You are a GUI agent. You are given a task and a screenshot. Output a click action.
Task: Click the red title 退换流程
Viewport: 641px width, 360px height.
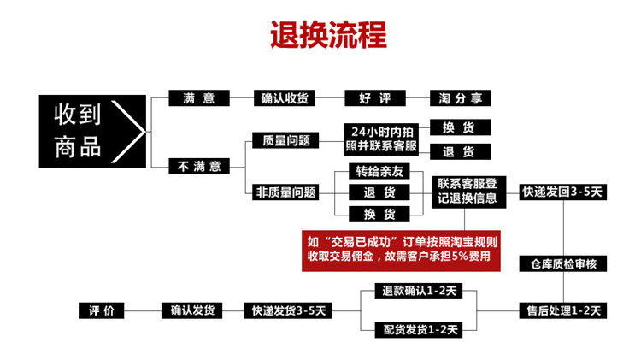(327, 35)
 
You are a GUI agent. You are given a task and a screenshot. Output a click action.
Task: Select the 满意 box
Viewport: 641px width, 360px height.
(198, 98)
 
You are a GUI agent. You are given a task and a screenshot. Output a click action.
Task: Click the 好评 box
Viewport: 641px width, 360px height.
(374, 98)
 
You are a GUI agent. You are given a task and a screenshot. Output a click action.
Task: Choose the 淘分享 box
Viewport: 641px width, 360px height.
(459, 98)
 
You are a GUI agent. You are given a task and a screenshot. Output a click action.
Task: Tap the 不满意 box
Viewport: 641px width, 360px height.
(198, 165)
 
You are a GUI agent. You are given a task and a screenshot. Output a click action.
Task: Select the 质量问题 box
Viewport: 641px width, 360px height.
(282, 140)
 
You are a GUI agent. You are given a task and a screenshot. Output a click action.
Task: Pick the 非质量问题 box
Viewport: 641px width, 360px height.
(285, 192)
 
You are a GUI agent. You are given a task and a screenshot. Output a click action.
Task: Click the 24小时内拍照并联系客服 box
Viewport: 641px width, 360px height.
(380, 139)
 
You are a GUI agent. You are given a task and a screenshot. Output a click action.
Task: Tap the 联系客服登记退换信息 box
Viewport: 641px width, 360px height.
(472, 191)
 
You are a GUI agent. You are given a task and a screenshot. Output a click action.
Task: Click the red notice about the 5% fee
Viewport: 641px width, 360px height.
(401, 250)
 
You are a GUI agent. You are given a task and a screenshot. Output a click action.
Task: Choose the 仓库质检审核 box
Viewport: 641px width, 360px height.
(563, 264)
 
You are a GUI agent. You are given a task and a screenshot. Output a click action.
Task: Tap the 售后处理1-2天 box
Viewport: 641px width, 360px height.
(563, 310)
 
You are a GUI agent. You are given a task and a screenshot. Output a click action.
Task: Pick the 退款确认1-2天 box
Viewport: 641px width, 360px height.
(417, 290)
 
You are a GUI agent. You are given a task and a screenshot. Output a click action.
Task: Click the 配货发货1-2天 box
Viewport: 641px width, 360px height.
(417, 328)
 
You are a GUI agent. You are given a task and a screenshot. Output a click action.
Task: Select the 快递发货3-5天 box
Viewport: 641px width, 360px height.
(288, 310)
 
